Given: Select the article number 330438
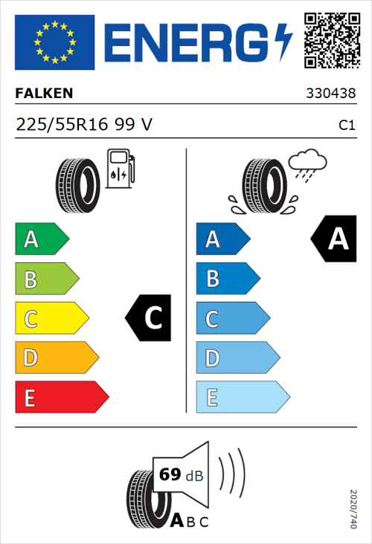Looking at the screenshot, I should tap(330, 94).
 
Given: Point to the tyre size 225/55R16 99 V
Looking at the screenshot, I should tap(84, 125).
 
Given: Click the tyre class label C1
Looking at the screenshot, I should tap(346, 126).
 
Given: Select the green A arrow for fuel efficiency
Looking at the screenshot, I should tap(41, 239).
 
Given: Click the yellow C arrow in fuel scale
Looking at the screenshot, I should tap(51, 318).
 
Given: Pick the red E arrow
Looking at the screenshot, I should tap(60, 398).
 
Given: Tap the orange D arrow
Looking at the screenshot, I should tap(56, 358).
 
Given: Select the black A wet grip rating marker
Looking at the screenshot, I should tap(334, 239).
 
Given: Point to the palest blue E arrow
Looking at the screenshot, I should tap(241, 398).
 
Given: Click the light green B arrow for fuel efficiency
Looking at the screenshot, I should tap(46, 279).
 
